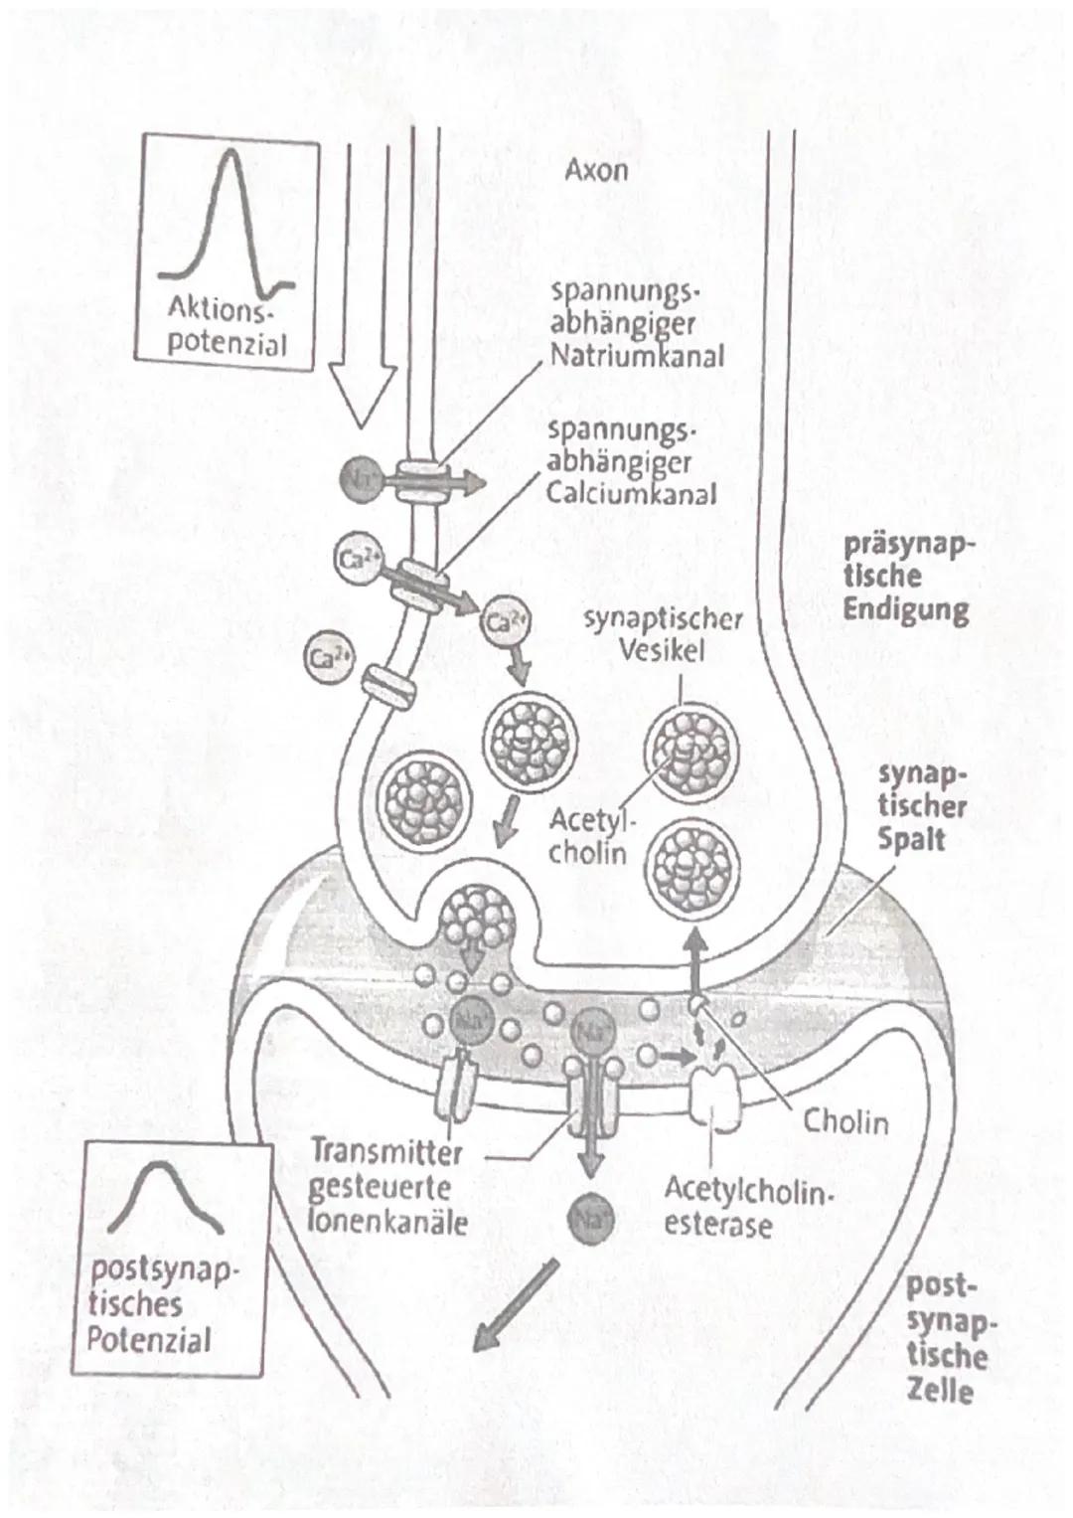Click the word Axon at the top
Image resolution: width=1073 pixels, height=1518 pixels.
(x=596, y=170)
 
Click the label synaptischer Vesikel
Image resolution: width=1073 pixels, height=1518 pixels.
(x=663, y=634)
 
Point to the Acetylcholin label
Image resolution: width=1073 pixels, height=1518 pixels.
(x=589, y=836)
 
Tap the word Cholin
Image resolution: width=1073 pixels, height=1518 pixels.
(x=845, y=1122)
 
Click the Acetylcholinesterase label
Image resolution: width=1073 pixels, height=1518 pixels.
(x=743, y=1206)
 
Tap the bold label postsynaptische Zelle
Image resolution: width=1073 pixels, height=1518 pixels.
(x=947, y=1338)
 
